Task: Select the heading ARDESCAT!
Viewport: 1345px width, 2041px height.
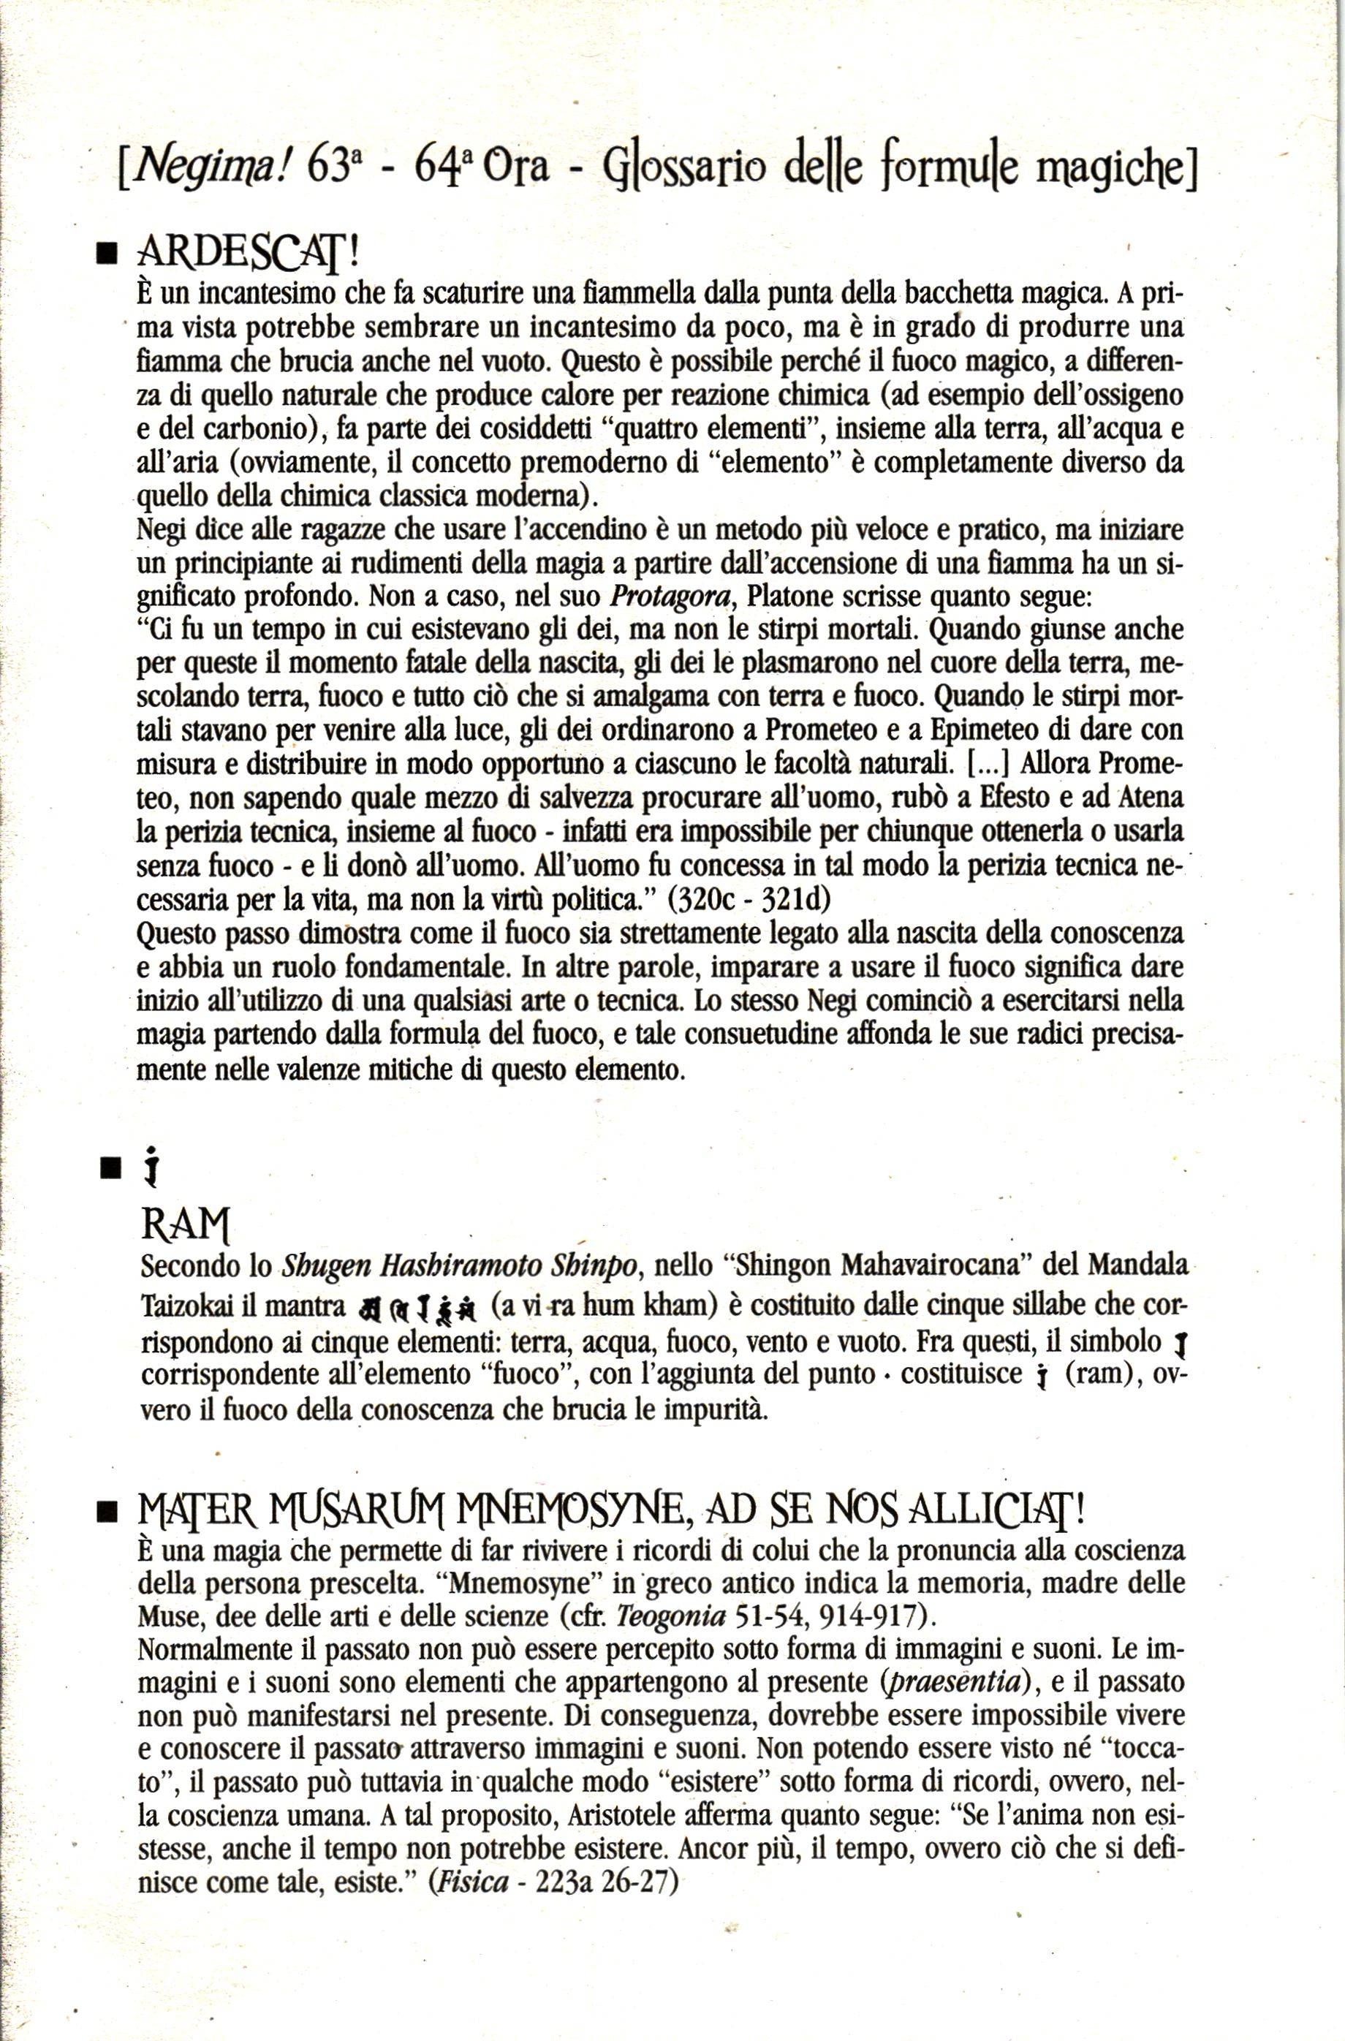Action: point(246,253)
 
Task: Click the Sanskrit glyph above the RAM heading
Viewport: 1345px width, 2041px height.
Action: point(152,1168)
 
